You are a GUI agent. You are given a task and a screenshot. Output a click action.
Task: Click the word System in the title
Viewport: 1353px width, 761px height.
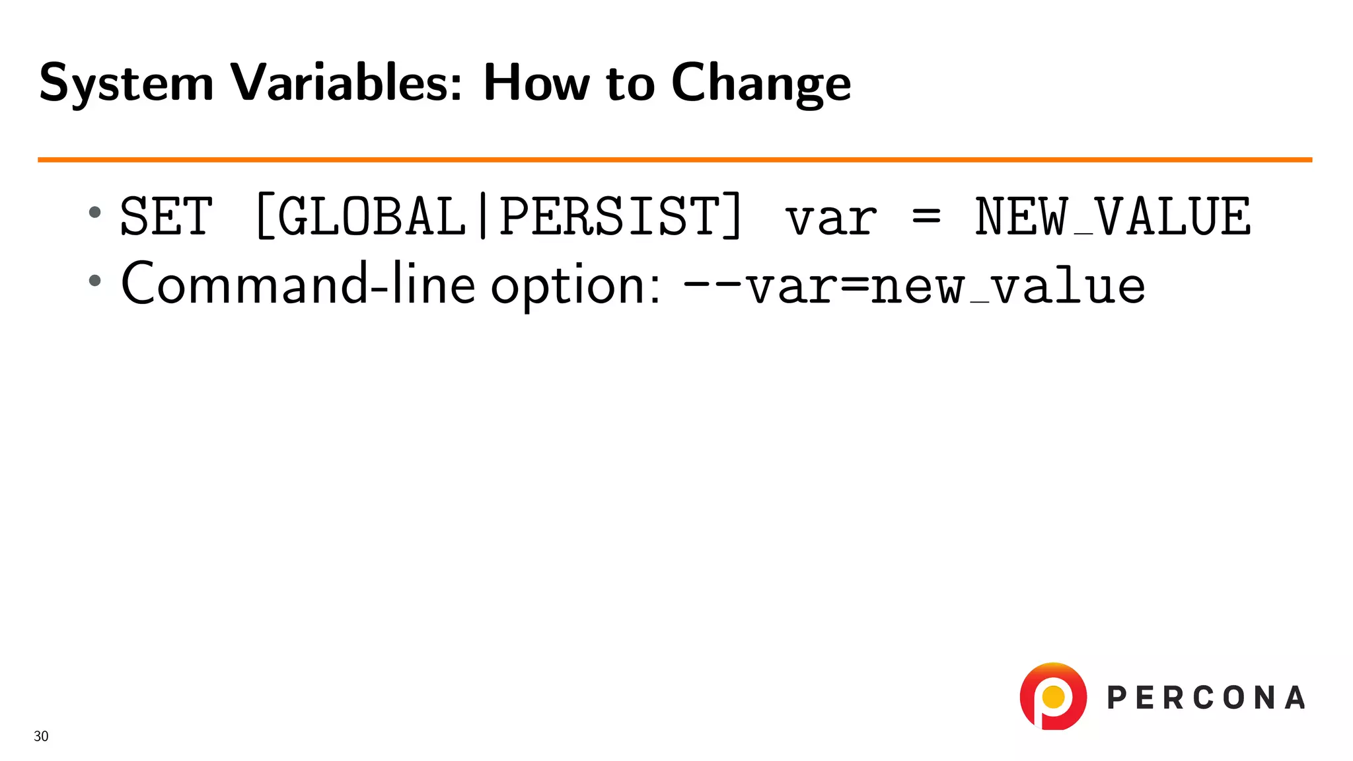pos(126,84)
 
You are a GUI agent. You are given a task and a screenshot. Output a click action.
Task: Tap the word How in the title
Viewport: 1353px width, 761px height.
pos(536,83)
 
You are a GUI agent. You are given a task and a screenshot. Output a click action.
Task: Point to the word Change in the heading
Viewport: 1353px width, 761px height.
pos(760,84)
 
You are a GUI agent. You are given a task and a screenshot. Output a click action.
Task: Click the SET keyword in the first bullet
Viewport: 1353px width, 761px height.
pos(166,216)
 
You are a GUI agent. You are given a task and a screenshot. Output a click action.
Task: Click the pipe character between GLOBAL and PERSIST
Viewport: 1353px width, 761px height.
pos(483,216)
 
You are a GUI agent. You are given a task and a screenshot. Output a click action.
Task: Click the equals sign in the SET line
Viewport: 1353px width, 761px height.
pos(926,216)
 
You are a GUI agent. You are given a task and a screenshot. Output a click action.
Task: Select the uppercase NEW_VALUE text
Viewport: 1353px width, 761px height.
pos(1113,216)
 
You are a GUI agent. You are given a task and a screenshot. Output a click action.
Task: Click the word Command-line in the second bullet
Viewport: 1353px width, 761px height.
pos(298,284)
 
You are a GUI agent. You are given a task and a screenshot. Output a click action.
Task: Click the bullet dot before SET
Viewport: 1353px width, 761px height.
pos(95,212)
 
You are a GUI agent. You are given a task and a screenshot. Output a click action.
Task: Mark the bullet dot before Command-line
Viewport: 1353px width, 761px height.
pos(95,280)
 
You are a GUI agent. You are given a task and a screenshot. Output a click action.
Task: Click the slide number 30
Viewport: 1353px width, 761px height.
pos(41,736)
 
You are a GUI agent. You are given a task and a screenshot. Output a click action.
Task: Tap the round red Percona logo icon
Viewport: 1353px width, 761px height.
pos(1053,696)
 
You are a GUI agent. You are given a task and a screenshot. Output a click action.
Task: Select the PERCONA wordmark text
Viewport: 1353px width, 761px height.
pos(1206,698)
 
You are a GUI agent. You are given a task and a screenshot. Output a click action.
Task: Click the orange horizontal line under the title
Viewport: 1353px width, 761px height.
pos(674,159)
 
